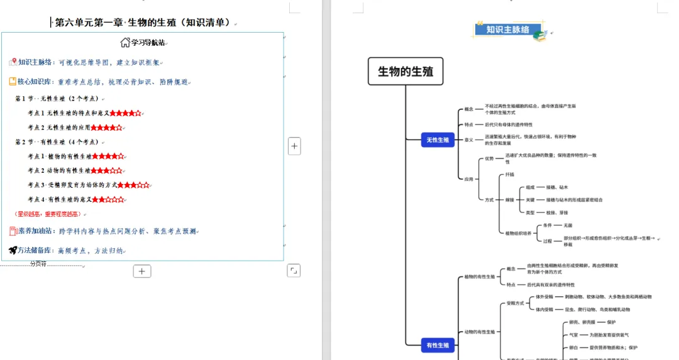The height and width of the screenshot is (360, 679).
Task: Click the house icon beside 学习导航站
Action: (125, 43)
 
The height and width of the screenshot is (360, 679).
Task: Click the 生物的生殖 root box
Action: (406, 72)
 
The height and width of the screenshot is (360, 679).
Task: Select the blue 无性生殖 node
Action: (438, 140)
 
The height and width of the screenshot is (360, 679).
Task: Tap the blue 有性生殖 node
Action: (438, 344)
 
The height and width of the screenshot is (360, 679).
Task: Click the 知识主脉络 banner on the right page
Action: (507, 30)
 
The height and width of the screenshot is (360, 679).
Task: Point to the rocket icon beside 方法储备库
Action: (13, 250)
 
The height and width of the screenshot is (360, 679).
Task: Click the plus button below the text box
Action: (142, 271)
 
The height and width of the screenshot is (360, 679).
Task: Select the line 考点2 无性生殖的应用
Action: (69, 128)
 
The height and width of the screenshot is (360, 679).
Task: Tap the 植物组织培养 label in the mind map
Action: (518, 233)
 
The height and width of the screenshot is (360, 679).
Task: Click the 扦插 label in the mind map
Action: (509, 174)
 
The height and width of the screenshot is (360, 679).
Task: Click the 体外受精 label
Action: (544, 297)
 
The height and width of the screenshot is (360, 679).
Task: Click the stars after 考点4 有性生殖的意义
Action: (108, 200)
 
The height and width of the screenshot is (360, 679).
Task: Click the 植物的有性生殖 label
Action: (480, 276)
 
